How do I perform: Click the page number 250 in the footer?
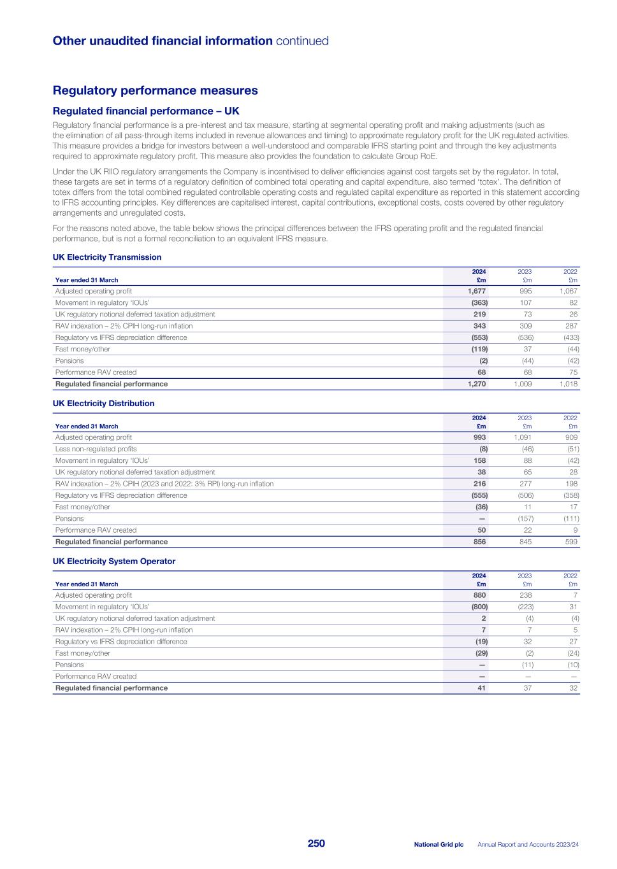tap(316, 844)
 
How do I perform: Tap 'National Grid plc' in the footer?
tap(439, 845)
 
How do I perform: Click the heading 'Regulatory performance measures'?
tap(155, 90)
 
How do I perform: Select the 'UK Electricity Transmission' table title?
tap(106, 257)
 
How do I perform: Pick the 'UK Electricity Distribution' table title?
tap(103, 404)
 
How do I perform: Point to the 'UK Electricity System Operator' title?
tap(113, 562)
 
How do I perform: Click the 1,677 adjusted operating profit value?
tap(477, 291)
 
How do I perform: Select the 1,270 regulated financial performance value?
tap(477, 384)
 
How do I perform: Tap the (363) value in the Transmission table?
tap(479, 303)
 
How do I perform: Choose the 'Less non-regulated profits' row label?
tap(96, 449)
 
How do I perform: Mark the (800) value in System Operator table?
tap(479, 607)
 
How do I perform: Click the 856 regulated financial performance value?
tap(479, 542)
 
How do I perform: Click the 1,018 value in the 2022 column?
tap(568, 384)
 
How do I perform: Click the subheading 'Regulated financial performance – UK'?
tap(146, 111)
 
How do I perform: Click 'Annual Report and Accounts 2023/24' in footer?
tap(528, 845)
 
